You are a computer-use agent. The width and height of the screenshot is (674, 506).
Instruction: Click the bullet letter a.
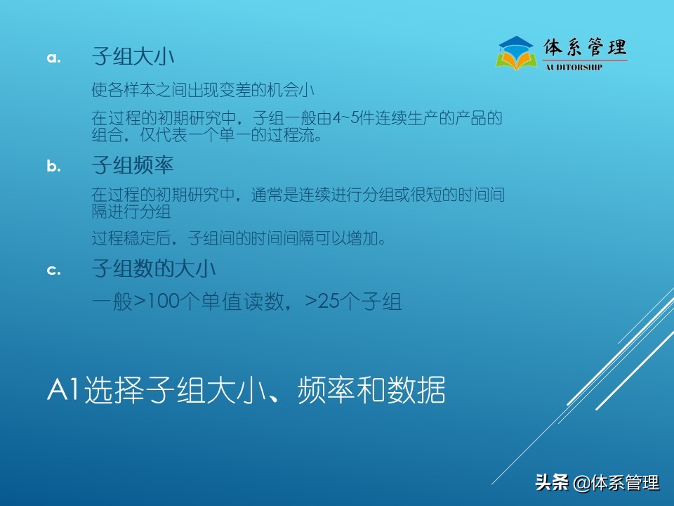pyautogui.click(x=54, y=58)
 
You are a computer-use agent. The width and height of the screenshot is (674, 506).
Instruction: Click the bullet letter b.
pyautogui.click(x=54, y=167)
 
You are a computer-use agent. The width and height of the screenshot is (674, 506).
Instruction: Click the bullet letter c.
pyautogui.click(x=54, y=270)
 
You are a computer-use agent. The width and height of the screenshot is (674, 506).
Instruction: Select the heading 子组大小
pyautogui.click(x=133, y=57)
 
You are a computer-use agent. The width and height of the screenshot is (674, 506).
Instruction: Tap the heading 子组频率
pyautogui.click(x=133, y=166)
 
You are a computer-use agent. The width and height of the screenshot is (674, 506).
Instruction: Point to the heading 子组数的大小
pyautogui.click(x=154, y=269)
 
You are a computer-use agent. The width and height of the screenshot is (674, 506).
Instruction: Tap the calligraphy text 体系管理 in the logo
pyautogui.click(x=585, y=48)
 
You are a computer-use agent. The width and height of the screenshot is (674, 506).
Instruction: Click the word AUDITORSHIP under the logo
pyautogui.click(x=574, y=67)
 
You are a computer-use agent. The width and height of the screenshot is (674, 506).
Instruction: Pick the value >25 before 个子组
pyautogui.click(x=322, y=302)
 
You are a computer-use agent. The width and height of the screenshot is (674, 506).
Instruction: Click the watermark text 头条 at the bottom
pyautogui.click(x=550, y=483)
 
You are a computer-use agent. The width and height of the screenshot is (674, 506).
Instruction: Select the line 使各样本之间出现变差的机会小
pyautogui.click(x=203, y=90)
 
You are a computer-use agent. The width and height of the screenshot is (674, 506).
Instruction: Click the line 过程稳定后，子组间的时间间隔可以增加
pyautogui.click(x=239, y=238)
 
